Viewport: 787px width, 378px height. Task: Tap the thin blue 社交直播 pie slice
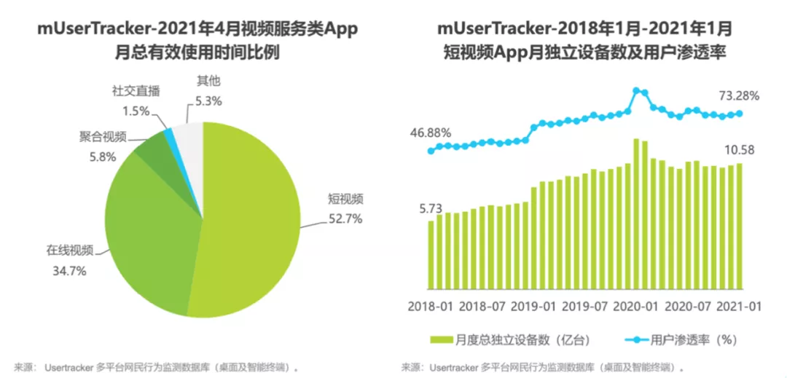[170, 134]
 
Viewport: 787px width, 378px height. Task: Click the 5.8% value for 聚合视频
[92, 156]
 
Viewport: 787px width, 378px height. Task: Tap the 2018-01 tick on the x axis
[430, 306]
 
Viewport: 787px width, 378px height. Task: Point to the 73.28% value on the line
[738, 95]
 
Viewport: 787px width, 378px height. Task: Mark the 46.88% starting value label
[429, 133]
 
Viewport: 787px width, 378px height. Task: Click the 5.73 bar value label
[430, 208]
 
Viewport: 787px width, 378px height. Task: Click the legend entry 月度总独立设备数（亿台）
[510, 340]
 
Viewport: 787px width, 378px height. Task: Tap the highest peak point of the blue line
[637, 91]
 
